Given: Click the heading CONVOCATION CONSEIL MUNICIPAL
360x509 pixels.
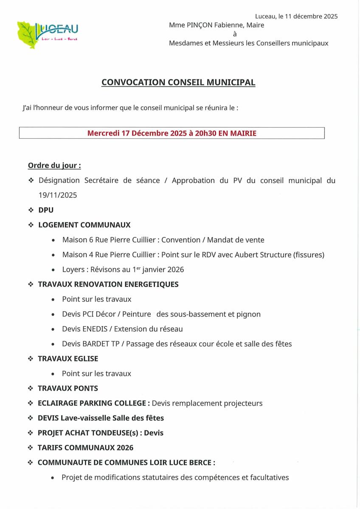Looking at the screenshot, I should pos(178,82).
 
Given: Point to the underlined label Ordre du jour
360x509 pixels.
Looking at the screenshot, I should pos(54,165).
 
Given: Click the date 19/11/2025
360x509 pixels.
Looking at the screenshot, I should pos(58,195).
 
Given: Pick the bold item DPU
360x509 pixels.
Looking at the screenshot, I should pos(46,210).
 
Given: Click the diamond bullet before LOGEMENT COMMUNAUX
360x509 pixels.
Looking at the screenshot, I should pos(31,225).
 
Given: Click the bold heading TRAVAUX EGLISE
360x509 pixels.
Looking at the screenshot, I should pos(68,358).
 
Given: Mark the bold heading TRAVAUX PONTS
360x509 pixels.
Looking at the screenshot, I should pos(68,388).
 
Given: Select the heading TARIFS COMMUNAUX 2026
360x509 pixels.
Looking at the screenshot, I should pos(85,447).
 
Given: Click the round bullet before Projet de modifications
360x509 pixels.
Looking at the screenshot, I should pos(52,478).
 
